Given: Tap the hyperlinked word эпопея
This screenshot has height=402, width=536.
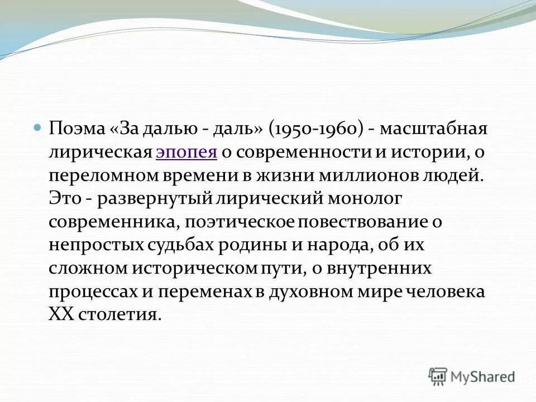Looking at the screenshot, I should click(x=185, y=152).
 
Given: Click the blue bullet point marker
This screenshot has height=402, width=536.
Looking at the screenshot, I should click(x=37, y=128).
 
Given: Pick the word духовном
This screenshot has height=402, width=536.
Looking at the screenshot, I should click(x=301, y=291).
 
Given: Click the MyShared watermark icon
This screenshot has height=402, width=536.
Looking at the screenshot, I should click(x=438, y=377).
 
